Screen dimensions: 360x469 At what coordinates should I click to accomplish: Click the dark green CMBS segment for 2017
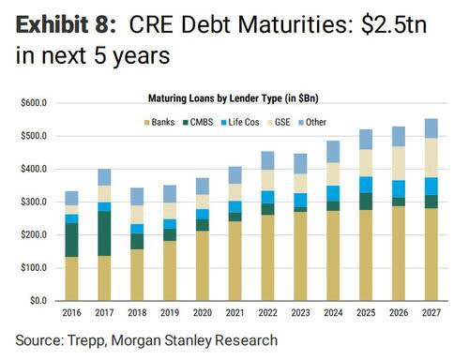click(105, 233)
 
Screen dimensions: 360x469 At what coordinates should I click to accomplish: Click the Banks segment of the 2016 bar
click(71, 278)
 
